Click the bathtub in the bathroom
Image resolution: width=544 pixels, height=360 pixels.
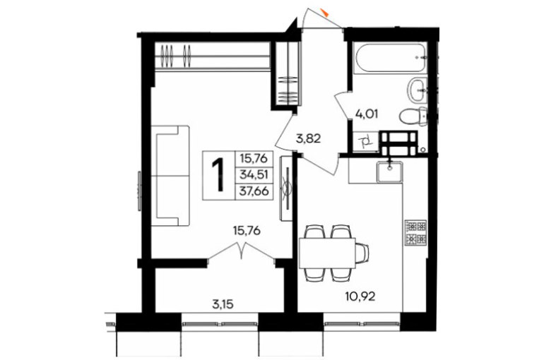pyautogui.click(x=390, y=56)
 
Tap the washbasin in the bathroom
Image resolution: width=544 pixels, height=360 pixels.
pyautogui.click(x=418, y=90)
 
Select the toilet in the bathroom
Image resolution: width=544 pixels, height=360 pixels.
pyautogui.click(x=414, y=116)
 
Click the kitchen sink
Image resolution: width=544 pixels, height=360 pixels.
pyautogui.click(x=390, y=172)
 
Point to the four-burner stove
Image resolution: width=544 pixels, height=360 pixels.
pyautogui.click(x=415, y=232)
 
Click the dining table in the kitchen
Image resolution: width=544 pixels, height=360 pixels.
pyautogui.click(x=328, y=253)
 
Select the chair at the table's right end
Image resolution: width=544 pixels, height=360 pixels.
pyautogui.click(x=362, y=253)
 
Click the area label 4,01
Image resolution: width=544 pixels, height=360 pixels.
pyautogui.click(x=367, y=114)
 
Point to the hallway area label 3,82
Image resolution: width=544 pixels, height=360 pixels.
pyautogui.click(x=309, y=138)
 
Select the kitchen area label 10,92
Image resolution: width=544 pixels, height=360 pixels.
pyautogui.click(x=360, y=296)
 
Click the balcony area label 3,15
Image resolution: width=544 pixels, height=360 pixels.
pyautogui.click(x=223, y=305)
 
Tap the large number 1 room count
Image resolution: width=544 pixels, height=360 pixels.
pyautogui.click(x=218, y=175)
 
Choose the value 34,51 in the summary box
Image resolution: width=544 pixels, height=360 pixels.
pyautogui.click(x=254, y=175)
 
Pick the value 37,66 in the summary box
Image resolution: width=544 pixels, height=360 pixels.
pyautogui.click(x=254, y=191)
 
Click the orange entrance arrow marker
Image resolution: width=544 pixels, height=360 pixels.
pyautogui.click(x=326, y=13)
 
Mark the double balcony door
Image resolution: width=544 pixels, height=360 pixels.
pyautogui.click(x=242, y=251)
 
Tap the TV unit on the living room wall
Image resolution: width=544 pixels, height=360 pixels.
pyautogui.click(x=287, y=188)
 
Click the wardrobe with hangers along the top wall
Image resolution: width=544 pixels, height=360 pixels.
pyautogui.click(x=212, y=56)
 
